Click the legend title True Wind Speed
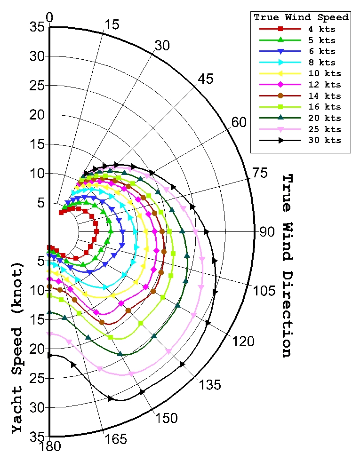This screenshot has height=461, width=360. [x=301, y=17]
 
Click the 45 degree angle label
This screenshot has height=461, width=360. [x=205, y=79]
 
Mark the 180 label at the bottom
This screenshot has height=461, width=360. [x=50, y=446]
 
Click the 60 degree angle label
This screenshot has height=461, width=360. [x=239, y=122]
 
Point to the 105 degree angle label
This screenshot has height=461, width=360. [x=262, y=290]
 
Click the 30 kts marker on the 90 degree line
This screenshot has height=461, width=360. [x=206, y=231]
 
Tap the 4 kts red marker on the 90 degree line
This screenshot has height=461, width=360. [x=96, y=231]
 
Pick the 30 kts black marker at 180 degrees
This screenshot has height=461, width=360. [x=50, y=355]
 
